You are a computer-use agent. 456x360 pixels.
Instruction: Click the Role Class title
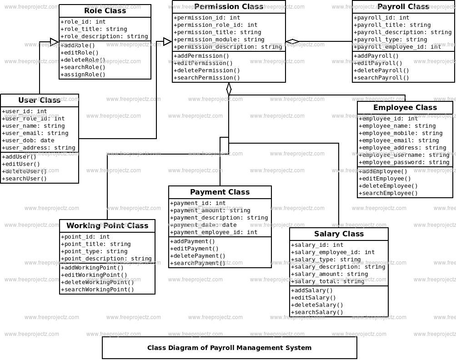(105, 11)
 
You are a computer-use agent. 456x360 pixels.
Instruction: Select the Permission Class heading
(229, 7)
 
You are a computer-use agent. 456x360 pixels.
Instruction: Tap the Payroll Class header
(403, 7)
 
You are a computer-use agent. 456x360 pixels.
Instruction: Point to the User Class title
(40, 100)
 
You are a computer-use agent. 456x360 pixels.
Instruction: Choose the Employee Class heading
(405, 108)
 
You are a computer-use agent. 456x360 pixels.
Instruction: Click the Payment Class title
(220, 192)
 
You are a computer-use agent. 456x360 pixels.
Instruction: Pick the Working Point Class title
(107, 226)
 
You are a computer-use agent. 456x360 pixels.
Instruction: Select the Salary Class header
(339, 234)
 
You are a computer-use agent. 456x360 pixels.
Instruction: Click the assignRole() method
(83, 75)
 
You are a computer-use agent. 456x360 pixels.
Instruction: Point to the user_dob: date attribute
(28, 140)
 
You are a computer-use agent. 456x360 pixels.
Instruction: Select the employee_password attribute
(404, 162)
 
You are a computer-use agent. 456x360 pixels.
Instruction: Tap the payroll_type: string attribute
(391, 40)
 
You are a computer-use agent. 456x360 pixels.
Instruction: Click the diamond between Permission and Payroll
(292, 42)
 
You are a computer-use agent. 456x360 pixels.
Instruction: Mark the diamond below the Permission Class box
(229, 89)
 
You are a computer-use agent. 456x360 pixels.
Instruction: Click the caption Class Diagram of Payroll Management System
(229, 348)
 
